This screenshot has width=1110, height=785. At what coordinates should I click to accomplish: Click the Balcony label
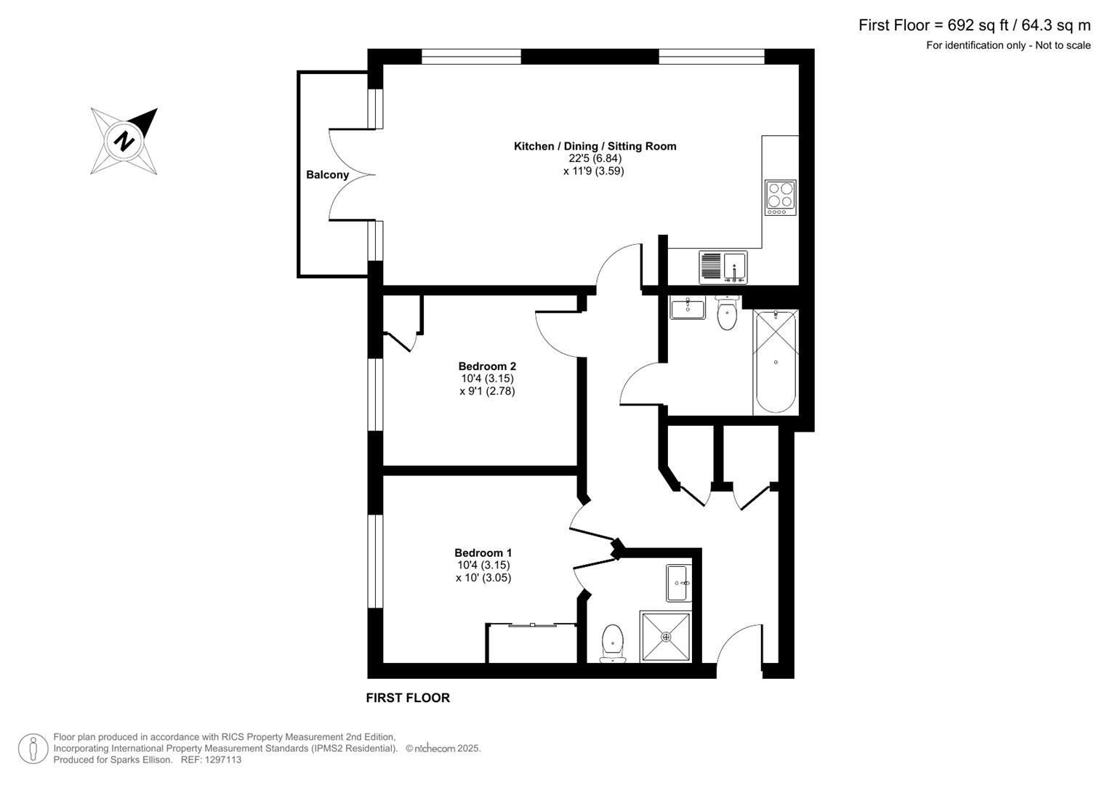327,174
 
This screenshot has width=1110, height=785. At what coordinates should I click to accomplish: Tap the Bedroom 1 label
483,552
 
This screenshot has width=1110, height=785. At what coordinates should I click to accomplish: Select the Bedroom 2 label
486,366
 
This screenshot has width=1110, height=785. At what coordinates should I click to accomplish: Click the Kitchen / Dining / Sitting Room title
595,146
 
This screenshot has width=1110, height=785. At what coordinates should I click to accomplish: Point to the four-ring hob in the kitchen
780,197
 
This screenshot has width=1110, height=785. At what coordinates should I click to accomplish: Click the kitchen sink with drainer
723,267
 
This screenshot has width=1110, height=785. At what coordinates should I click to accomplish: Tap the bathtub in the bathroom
776,361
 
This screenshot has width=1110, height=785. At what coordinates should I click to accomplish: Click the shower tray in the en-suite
665,637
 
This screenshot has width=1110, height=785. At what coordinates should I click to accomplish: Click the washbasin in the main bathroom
687,307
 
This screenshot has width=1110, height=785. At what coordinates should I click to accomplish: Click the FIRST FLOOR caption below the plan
407,698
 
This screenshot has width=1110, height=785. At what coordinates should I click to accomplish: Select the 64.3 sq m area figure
1055,25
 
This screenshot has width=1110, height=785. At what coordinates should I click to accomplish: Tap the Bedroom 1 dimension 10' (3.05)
483,578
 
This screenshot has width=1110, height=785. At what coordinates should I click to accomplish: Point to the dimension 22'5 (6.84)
595,158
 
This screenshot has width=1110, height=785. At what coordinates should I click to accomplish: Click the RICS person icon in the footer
33,748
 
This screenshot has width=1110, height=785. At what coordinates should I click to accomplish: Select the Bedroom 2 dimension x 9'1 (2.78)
486,391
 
